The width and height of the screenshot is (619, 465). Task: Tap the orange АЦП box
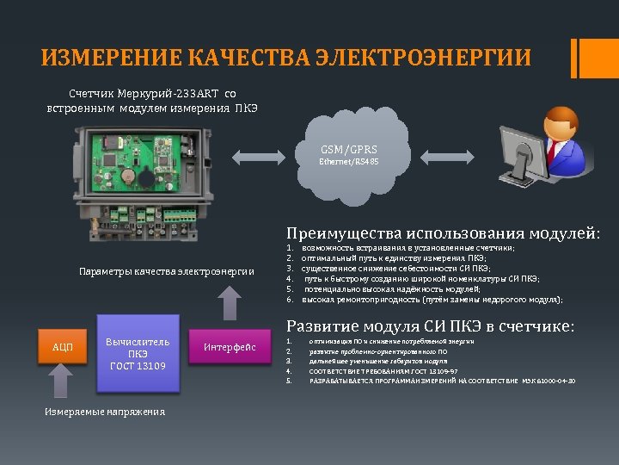coord(62,347)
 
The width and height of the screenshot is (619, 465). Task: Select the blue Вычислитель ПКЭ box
coord(138,354)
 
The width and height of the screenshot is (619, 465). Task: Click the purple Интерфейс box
coord(229,347)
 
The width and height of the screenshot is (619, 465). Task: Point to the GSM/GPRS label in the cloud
coord(349,149)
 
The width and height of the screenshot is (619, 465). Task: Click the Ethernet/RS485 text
coord(349,161)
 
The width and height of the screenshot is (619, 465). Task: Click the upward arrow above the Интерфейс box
coord(230,304)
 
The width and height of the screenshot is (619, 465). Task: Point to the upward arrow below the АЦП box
coord(62,381)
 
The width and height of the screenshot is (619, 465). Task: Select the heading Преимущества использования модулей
coord(443,232)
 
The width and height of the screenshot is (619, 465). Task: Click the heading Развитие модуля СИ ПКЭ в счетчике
coord(430,326)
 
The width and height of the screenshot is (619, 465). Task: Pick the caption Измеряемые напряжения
coord(105,411)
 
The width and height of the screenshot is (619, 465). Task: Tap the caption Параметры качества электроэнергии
coord(167,271)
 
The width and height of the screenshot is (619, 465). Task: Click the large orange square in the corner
coord(599,58)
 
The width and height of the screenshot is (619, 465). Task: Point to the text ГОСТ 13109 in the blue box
coord(138,366)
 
